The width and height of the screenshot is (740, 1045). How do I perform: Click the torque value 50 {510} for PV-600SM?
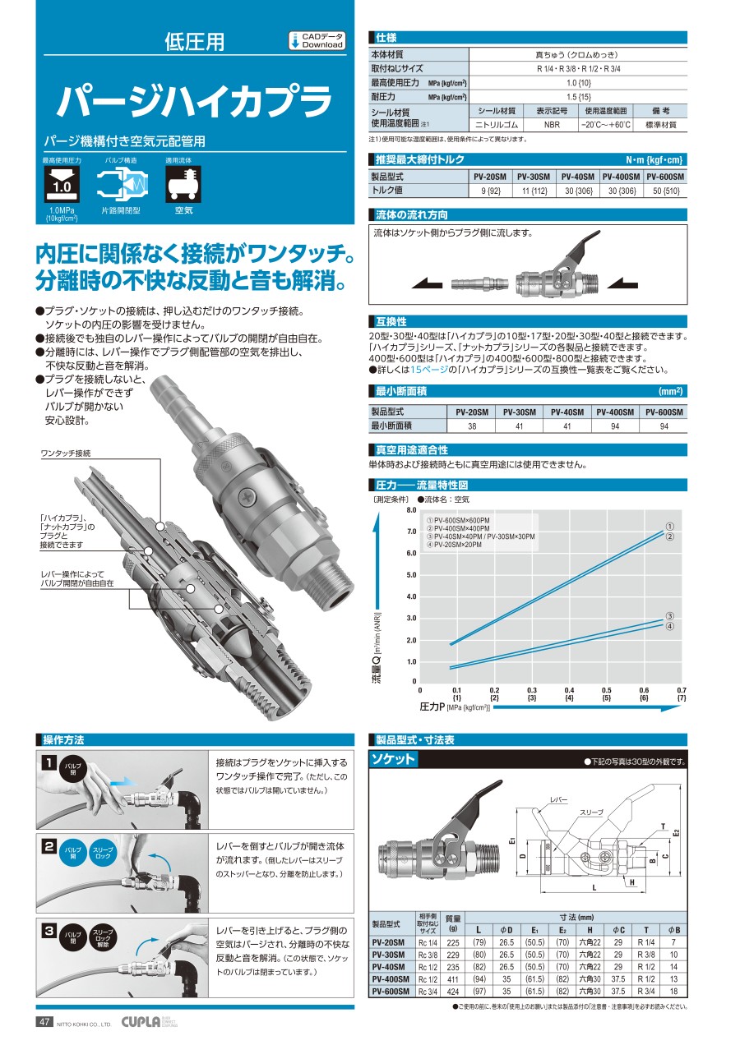[665, 191]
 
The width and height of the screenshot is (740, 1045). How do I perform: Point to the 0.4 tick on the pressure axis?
[569, 690]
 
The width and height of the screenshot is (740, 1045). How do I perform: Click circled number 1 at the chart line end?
[670, 526]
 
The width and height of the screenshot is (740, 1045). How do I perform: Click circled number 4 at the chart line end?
[670, 627]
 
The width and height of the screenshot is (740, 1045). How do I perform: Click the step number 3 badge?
[50, 931]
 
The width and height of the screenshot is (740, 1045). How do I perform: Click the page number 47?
[44, 1022]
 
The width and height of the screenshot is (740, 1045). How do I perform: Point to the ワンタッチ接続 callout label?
[66, 454]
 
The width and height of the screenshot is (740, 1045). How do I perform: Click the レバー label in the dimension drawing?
[559, 799]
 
